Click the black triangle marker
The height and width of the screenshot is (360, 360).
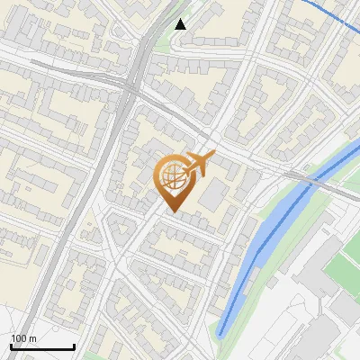pos(181,23)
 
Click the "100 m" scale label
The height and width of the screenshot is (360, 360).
pos(23,338)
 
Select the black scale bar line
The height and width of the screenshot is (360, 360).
pos(42,346)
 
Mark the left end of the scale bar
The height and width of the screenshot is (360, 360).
pos(11,346)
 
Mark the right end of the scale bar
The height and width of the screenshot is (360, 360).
pos(74,346)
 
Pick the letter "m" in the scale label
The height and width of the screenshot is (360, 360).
pos(32,338)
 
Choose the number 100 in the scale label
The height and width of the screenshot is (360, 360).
pos(19,338)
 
